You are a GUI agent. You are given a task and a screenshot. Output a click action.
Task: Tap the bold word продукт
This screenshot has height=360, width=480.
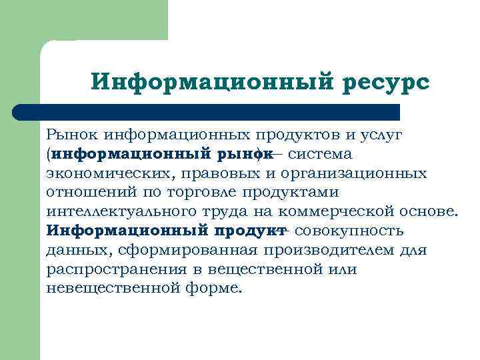[x=249, y=231]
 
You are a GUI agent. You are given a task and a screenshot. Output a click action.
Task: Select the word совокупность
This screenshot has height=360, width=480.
[x=348, y=231]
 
